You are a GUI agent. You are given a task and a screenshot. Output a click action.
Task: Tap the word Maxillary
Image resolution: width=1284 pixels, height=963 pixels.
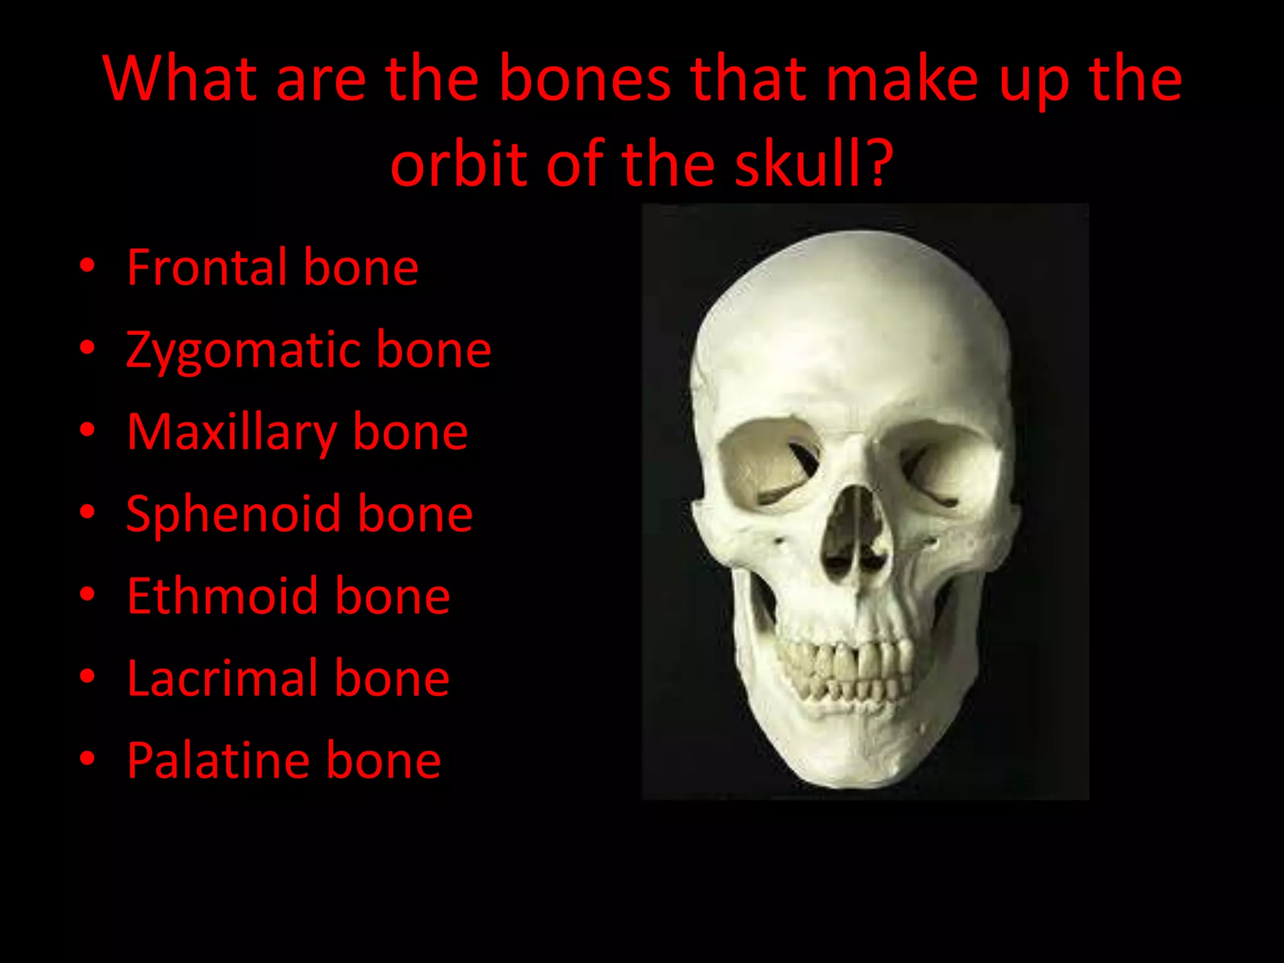click(x=231, y=433)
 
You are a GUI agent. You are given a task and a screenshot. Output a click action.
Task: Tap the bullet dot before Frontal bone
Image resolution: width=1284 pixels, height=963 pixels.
click(x=88, y=266)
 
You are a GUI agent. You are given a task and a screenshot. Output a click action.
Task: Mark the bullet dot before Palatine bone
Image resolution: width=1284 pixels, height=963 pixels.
click(x=88, y=759)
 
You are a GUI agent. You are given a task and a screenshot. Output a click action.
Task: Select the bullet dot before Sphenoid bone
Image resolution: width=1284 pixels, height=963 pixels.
click(x=88, y=513)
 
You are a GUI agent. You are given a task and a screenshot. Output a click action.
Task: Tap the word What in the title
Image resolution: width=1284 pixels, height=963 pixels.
click(x=181, y=80)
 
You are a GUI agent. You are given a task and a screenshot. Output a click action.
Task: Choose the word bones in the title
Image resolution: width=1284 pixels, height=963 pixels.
click(x=585, y=80)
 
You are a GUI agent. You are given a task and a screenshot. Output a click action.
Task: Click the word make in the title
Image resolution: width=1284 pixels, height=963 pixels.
click(x=902, y=80)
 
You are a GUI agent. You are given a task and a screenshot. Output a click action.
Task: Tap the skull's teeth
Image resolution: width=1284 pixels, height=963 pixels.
click(x=846, y=671)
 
